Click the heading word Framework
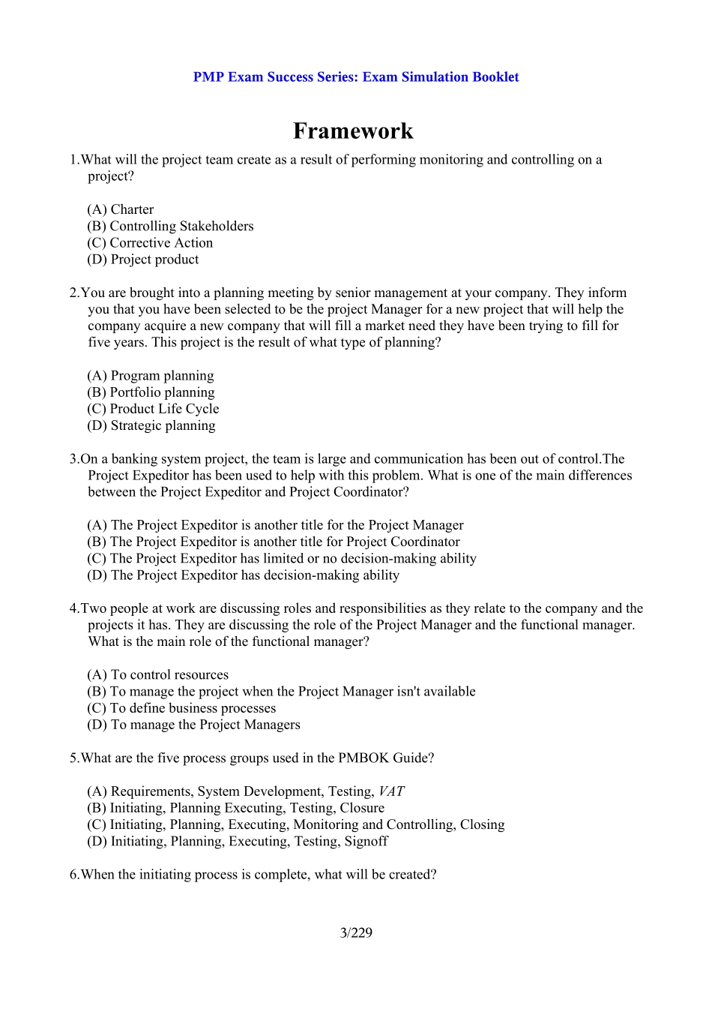pos(352,131)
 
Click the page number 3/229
pos(356,932)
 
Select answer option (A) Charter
pos(121,209)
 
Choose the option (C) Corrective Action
pos(150,242)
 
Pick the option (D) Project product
pos(143,259)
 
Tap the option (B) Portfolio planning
pos(151,392)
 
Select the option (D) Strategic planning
pos(151,425)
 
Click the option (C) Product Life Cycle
pos(153,409)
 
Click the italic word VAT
pos(391,791)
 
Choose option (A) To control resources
pos(158,674)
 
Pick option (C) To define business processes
pos(181,708)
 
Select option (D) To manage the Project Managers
pos(193,725)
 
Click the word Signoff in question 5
pos(366,841)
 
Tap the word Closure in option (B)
pos(362,808)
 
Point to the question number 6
pos(73,875)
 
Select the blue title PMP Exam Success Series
pos(276,77)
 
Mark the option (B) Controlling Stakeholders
pos(170,226)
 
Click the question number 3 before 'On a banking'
pos(73,459)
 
